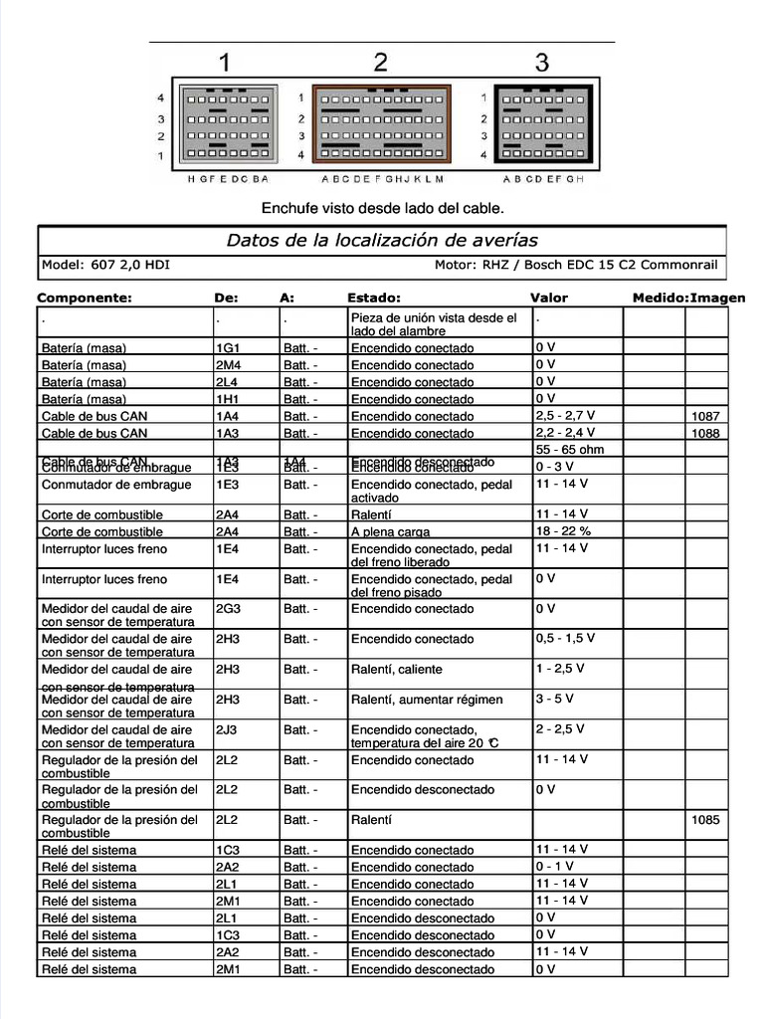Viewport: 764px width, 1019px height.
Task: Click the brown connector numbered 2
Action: pos(382,124)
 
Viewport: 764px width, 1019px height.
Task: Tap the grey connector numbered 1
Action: pos(228,124)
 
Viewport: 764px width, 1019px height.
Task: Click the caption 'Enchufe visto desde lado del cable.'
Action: pos(382,208)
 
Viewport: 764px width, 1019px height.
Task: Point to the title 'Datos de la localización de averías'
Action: pos(382,240)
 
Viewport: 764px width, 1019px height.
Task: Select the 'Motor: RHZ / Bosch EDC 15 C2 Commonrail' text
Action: pos(575,265)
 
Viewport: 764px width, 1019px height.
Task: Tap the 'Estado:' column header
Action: pos(374,298)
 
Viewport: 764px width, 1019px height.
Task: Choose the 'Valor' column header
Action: pos(549,298)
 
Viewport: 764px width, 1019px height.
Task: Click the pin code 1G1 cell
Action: pos(228,348)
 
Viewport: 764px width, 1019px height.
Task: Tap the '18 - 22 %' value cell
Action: pos(563,531)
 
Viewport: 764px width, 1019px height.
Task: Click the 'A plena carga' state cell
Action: pos(390,532)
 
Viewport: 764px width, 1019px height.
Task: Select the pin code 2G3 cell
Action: pos(229,609)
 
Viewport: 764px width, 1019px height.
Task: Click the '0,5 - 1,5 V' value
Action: pos(565,638)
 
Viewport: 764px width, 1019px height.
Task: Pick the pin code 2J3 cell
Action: pos(228,729)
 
